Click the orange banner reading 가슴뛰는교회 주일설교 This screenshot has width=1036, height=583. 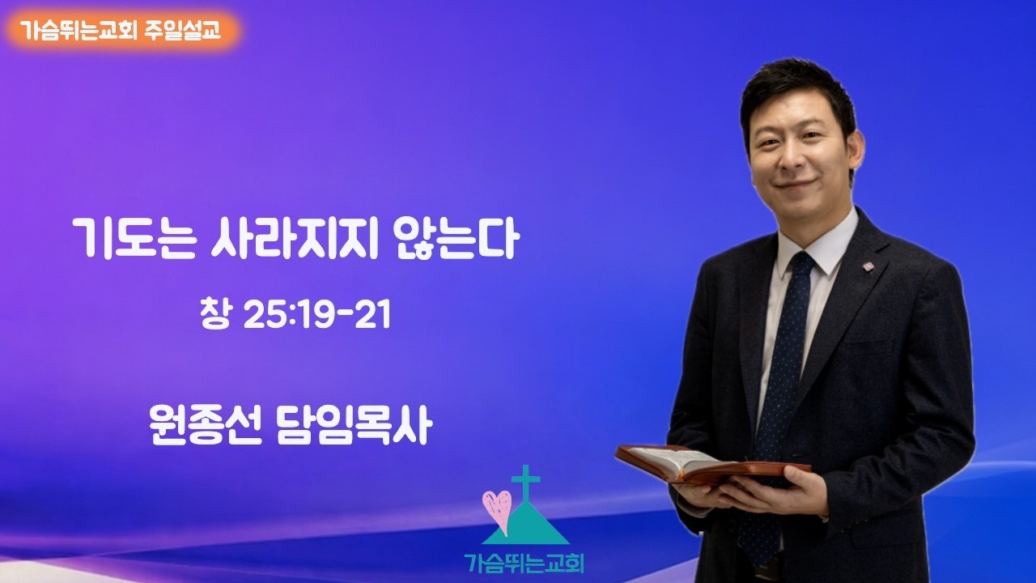point(121,33)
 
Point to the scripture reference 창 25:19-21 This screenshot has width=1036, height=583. point(295,316)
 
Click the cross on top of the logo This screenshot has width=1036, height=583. point(525,485)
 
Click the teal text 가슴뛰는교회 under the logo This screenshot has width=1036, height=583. point(524,562)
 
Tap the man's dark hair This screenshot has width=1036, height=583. point(797,89)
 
